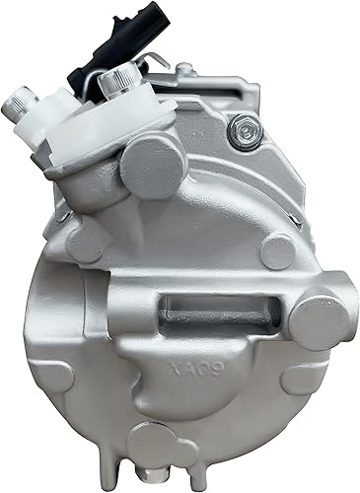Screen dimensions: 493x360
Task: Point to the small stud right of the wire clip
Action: [x=183, y=71]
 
